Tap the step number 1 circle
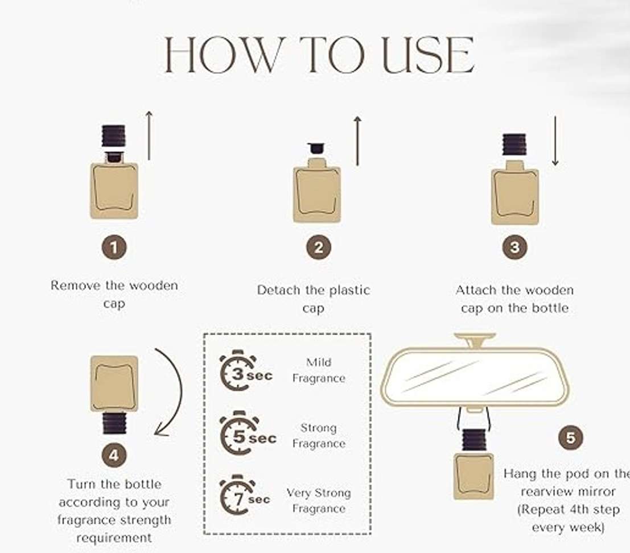click(x=114, y=247)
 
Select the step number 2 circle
click(x=319, y=247)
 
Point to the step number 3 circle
click(x=514, y=247)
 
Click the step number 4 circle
click(x=114, y=455)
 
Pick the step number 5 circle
click(x=571, y=438)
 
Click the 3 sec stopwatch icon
click(x=246, y=371)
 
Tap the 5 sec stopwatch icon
click(x=248, y=433)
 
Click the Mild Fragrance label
click(x=319, y=370)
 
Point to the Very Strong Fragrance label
click(x=319, y=501)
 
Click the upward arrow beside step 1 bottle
click(x=149, y=135)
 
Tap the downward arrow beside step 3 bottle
click(x=555, y=141)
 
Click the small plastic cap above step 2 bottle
click(x=316, y=148)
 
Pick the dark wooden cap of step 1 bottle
click(x=113, y=136)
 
